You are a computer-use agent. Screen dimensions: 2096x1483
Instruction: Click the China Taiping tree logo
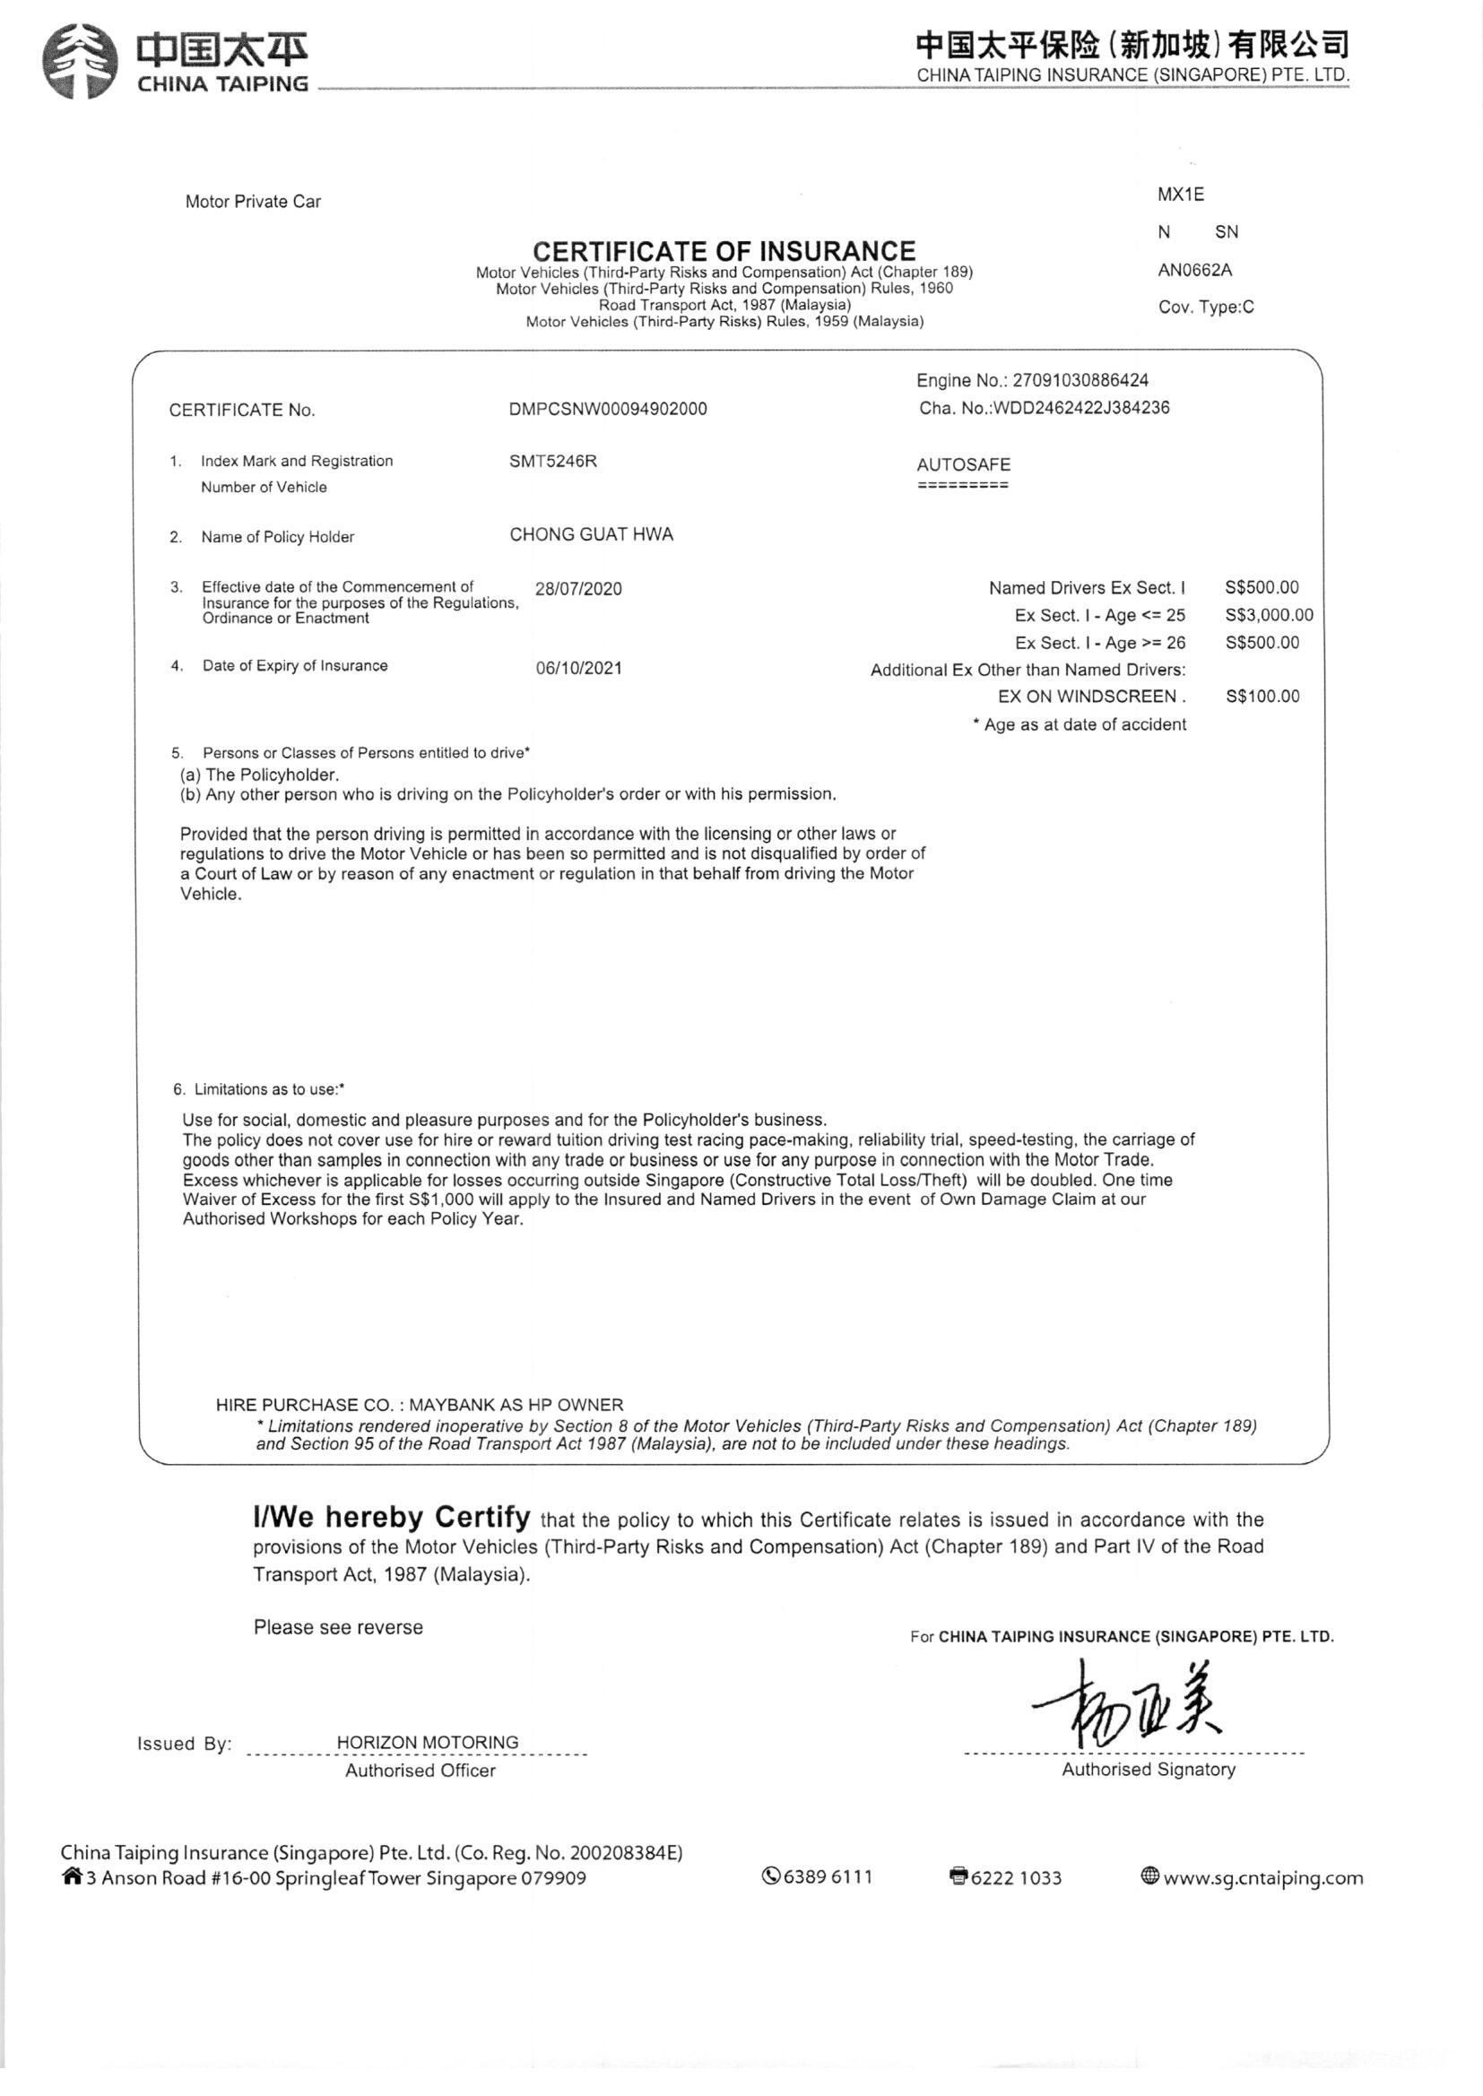click(81, 61)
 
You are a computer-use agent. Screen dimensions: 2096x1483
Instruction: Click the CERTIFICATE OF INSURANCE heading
click(724, 250)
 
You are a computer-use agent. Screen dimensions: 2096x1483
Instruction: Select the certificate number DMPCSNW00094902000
click(607, 409)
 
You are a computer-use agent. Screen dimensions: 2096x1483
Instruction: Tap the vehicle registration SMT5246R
click(552, 461)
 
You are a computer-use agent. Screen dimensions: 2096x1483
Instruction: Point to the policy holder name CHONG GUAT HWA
click(591, 535)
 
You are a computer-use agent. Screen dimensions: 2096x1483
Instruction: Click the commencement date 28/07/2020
click(578, 589)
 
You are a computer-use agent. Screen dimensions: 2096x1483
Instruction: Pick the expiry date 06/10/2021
click(578, 668)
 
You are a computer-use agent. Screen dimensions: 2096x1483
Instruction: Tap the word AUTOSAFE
click(963, 464)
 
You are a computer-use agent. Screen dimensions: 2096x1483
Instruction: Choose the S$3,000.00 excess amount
click(1269, 615)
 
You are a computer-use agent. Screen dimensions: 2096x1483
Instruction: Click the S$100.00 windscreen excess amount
click(1262, 697)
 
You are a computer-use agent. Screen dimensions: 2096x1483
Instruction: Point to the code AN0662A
click(1194, 270)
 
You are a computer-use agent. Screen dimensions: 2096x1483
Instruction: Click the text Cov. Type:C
click(1205, 307)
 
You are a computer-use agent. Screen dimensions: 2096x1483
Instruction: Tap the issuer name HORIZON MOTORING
click(428, 1742)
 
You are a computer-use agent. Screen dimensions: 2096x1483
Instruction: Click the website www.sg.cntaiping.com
click(1262, 1878)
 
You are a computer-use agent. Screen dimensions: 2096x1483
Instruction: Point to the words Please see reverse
click(338, 1628)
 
